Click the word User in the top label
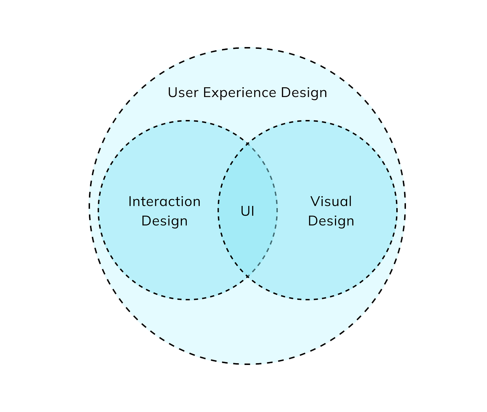pyautogui.click(x=183, y=93)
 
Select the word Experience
pyautogui.click(x=240, y=93)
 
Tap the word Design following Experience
pyautogui.click(x=304, y=93)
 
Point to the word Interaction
pyautogui.click(x=164, y=202)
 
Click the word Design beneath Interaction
pyautogui.click(x=164, y=221)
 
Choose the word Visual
pyautogui.click(x=331, y=202)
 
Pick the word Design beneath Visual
pyautogui.click(x=331, y=221)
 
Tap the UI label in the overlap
pyautogui.click(x=247, y=211)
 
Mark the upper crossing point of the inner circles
pyautogui.click(x=247, y=144)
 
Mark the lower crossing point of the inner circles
pyautogui.click(x=247, y=276)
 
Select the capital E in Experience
pyautogui.click(x=207, y=93)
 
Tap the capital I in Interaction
pyautogui.click(x=130, y=202)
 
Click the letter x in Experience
pyautogui.click(x=214, y=93)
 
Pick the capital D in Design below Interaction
pyautogui.click(x=146, y=221)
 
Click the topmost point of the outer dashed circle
pyautogui.click(x=247, y=48)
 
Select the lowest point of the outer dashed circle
pyautogui.click(x=247, y=364)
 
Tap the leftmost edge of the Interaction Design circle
pyautogui.click(x=98, y=210)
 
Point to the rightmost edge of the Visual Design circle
pyautogui.click(x=397, y=210)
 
